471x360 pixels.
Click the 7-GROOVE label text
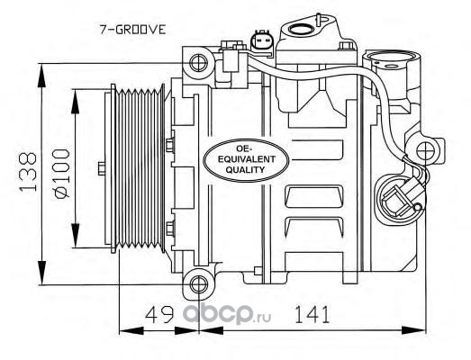(132, 30)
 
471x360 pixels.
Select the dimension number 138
(27, 172)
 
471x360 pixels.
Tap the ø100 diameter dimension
(62, 174)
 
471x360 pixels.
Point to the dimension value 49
(159, 314)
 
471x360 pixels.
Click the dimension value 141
(312, 314)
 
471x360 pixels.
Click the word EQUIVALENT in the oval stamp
(246, 159)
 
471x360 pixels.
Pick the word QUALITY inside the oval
(246, 170)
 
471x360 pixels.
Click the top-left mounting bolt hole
(198, 63)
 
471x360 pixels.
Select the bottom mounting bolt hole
(199, 283)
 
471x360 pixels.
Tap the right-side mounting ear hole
(426, 151)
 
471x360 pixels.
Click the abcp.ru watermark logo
(227, 314)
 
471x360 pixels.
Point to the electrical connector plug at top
(261, 41)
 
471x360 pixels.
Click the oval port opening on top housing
(303, 29)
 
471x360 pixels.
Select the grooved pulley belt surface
(140, 169)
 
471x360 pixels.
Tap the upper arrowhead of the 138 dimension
(42, 76)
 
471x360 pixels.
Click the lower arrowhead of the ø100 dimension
(76, 236)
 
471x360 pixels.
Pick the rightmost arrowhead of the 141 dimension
(413, 331)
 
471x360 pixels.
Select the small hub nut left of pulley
(102, 168)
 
